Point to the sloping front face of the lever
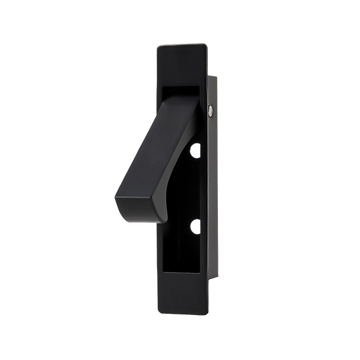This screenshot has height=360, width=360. click(144, 150)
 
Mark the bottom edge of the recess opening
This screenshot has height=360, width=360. click(183, 273)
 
